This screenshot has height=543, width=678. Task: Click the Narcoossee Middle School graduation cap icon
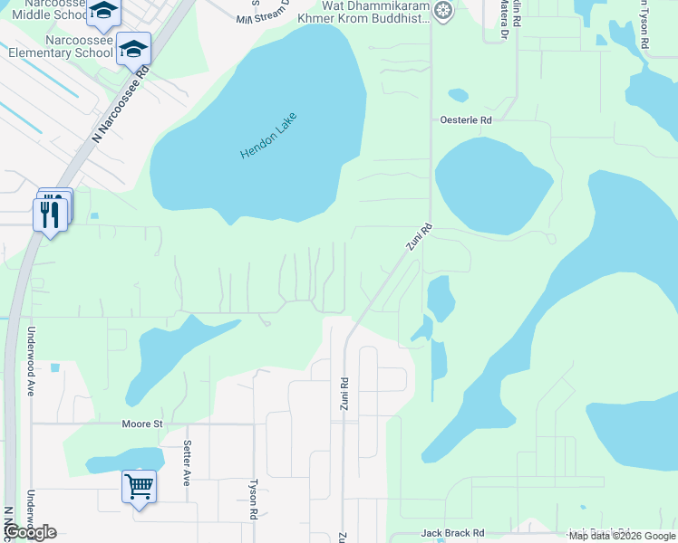pos(105,11)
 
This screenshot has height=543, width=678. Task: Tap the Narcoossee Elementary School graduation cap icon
pos(134,48)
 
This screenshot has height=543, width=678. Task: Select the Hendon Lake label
pos(269,136)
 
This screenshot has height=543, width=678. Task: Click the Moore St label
pos(142,424)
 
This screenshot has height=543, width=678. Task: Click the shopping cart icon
pos(139,487)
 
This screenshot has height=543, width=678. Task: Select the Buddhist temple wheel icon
pos(442,10)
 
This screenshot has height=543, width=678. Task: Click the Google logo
pos(31,531)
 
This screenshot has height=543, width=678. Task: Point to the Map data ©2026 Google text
pos(622,536)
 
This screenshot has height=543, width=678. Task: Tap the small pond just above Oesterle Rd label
pos(458,94)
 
